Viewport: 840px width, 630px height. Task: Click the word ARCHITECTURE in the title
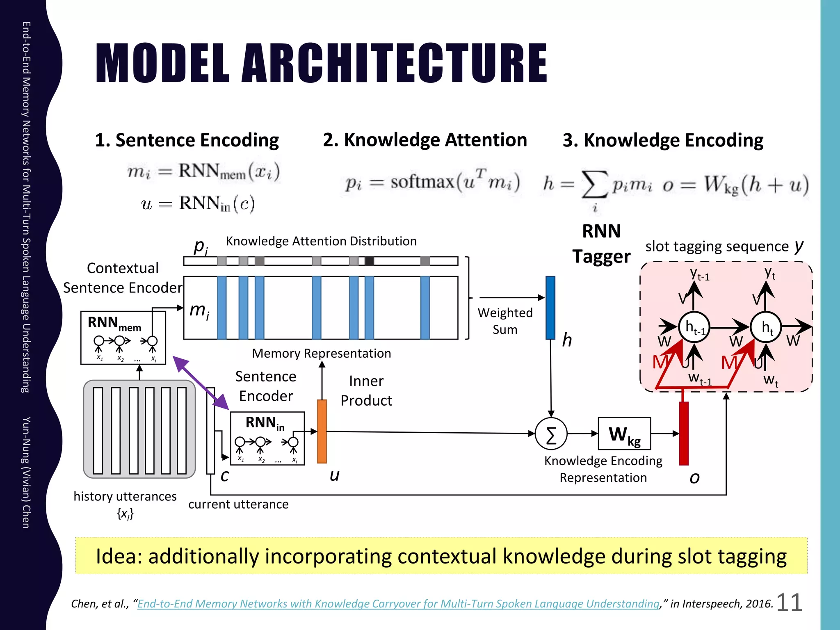pos(395,64)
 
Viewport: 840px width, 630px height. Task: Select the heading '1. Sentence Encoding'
pos(187,140)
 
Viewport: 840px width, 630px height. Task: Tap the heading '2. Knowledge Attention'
pos(425,140)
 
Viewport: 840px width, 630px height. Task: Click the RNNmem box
pos(123,338)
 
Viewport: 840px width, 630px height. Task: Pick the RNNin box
pos(267,438)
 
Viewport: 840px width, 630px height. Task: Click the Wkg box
pos(624,434)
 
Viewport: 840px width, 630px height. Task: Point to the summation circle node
pos(551,434)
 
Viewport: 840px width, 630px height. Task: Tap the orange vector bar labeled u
pos(322,431)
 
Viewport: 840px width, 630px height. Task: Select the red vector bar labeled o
pos(684,433)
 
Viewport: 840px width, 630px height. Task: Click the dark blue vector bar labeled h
pos(550,308)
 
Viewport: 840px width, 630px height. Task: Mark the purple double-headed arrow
pos(201,383)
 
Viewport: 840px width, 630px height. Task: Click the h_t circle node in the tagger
pos(766,327)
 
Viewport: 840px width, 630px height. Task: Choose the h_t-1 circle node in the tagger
pos(694,327)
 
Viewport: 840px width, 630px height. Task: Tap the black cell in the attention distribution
pos(369,261)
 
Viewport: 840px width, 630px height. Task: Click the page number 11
pos(789,603)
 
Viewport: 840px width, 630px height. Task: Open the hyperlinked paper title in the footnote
pos(398,604)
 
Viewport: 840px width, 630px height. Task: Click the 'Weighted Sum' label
pos(505,321)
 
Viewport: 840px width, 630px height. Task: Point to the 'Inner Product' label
pos(366,390)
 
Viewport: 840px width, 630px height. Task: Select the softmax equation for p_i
pos(432,182)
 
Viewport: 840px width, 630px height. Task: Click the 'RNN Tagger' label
pos(601,244)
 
